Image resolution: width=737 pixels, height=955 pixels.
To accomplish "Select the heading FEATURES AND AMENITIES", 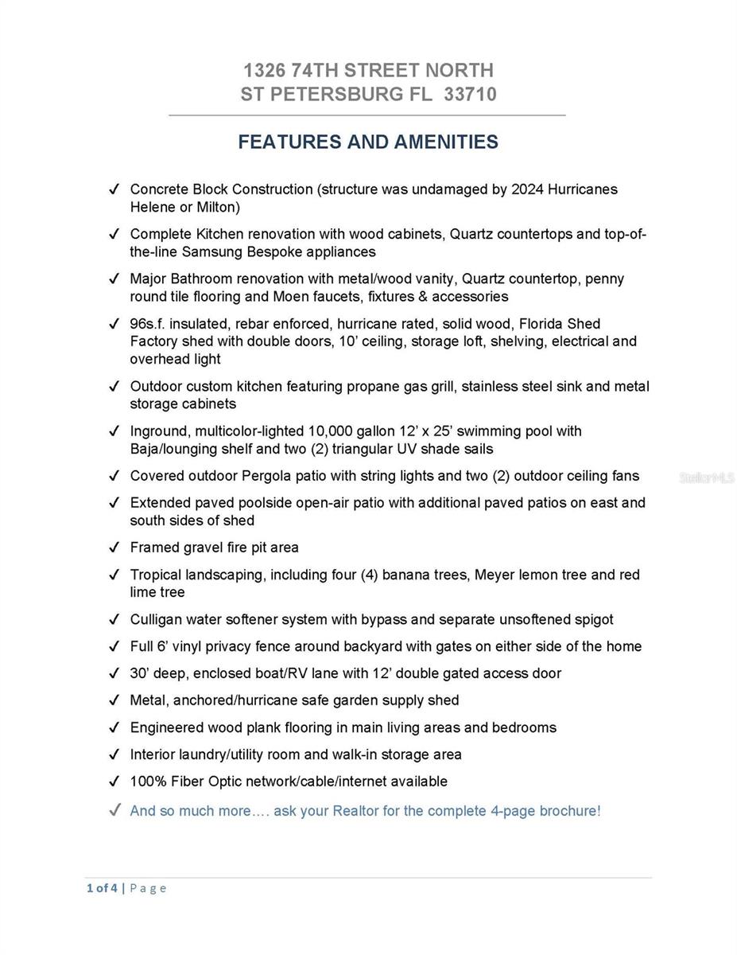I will [368, 142].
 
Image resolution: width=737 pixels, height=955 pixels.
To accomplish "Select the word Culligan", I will [156, 619].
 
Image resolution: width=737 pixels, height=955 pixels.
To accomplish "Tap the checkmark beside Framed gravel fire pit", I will [114, 548].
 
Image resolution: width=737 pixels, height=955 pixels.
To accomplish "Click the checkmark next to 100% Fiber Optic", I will [114, 782].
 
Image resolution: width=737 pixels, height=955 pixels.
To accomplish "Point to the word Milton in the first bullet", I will [213, 208].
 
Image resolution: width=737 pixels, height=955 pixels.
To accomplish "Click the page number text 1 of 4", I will [102, 888].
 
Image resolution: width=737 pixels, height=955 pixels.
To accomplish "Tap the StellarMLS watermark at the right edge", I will [707, 478].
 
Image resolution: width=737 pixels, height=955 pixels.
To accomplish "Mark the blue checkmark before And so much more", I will [114, 811].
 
